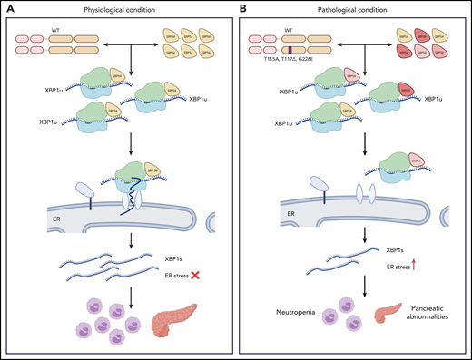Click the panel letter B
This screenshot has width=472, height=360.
pos(242,6)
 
